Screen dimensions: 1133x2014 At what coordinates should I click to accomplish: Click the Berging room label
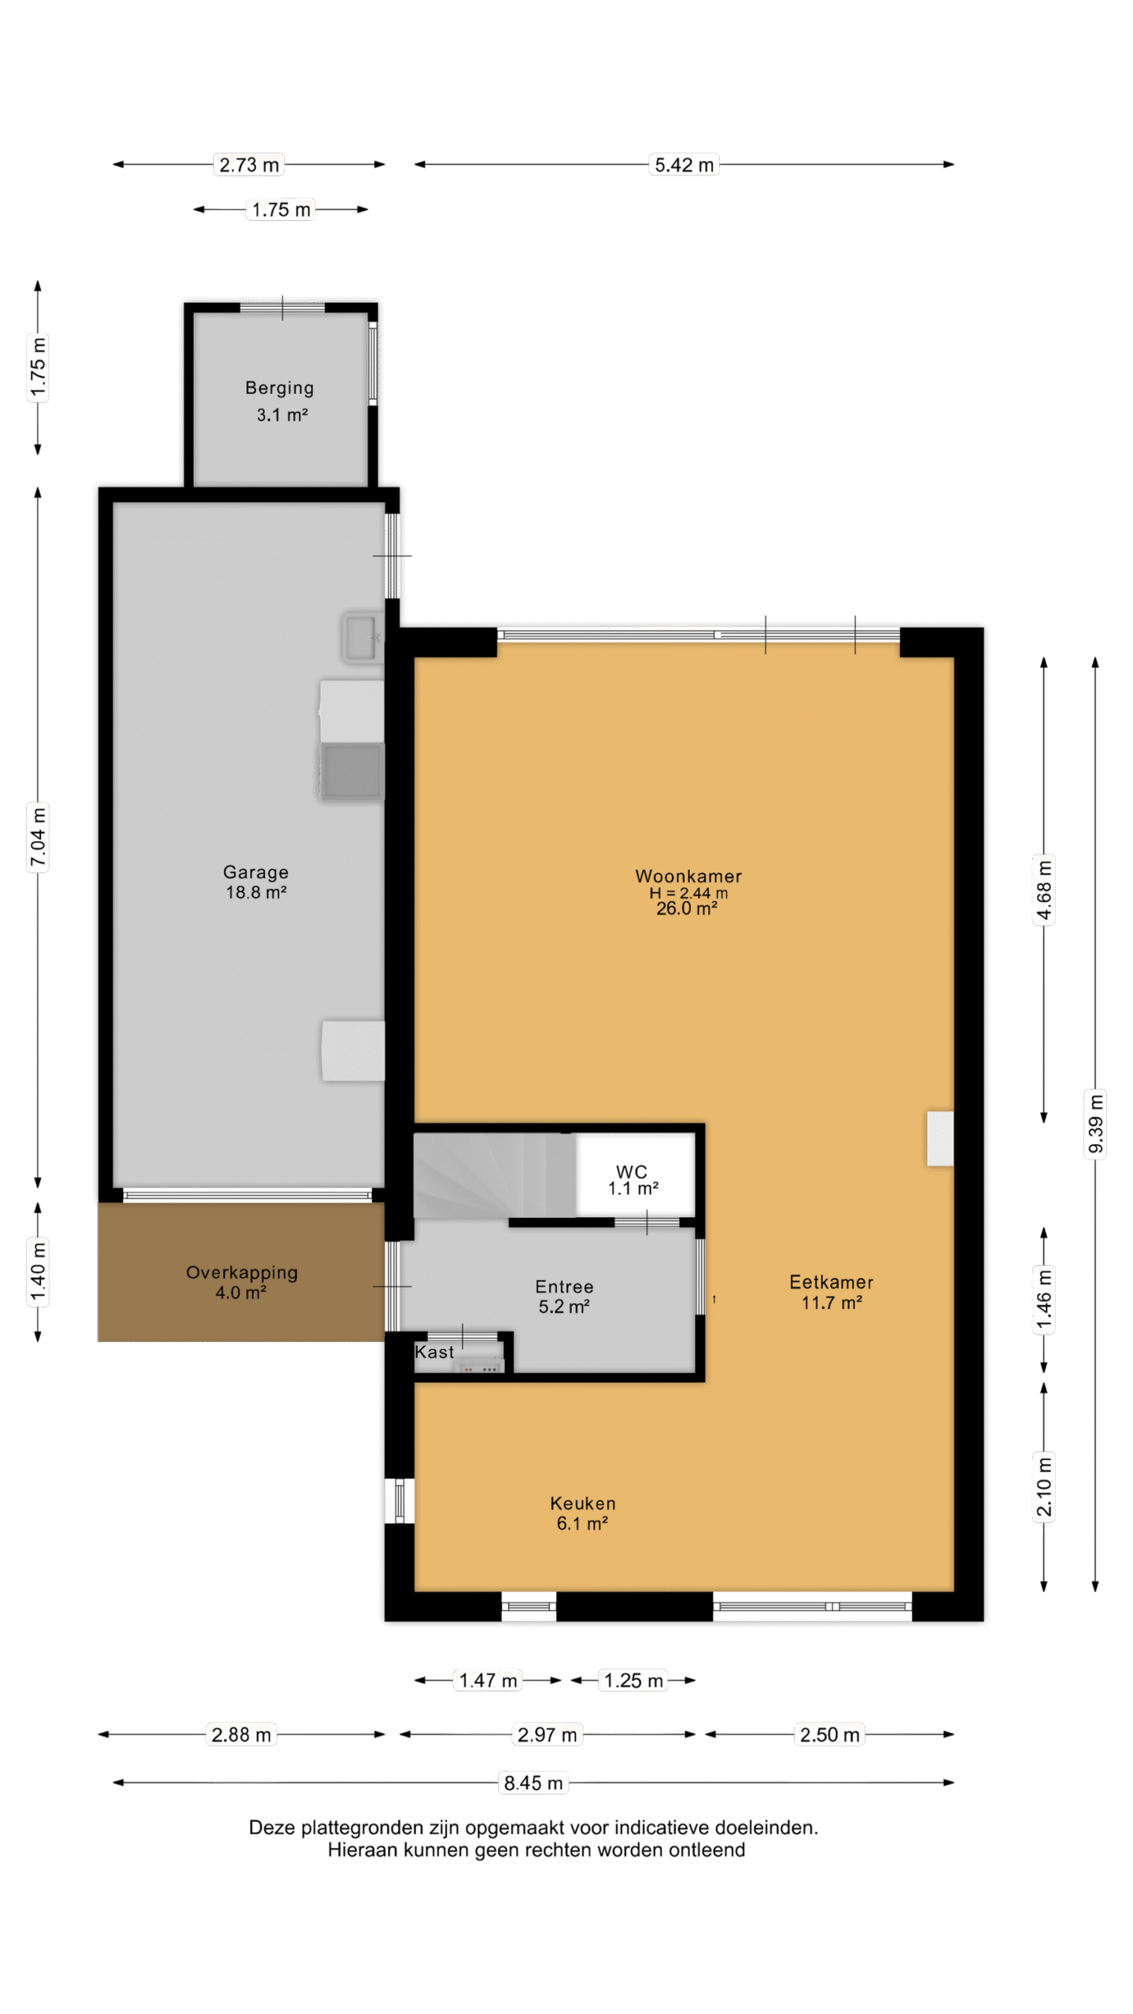click(279, 388)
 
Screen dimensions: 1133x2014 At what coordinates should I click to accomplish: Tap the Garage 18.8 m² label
click(256, 882)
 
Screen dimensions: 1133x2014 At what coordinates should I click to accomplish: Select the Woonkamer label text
click(688, 876)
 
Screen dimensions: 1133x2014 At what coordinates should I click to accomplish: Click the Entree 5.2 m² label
click(564, 1297)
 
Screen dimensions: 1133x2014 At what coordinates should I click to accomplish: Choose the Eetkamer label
click(832, 1282)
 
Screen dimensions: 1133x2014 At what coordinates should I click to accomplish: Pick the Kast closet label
click(434, 1352)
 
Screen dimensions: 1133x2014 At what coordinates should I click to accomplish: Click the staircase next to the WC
click(494, 1175)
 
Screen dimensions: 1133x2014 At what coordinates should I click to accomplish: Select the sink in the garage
click(362, 636)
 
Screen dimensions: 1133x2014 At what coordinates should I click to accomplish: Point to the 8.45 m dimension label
click(533, 1783)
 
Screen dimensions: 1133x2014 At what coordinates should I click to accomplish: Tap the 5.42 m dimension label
click(685, 164)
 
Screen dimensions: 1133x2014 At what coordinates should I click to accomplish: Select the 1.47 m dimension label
click(488, 1680)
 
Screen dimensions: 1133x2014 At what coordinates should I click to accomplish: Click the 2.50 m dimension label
click(830, 1735)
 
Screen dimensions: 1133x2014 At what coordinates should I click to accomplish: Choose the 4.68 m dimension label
click(1044, 890)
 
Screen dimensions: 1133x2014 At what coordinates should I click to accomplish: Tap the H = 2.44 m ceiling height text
click(688, 893)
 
